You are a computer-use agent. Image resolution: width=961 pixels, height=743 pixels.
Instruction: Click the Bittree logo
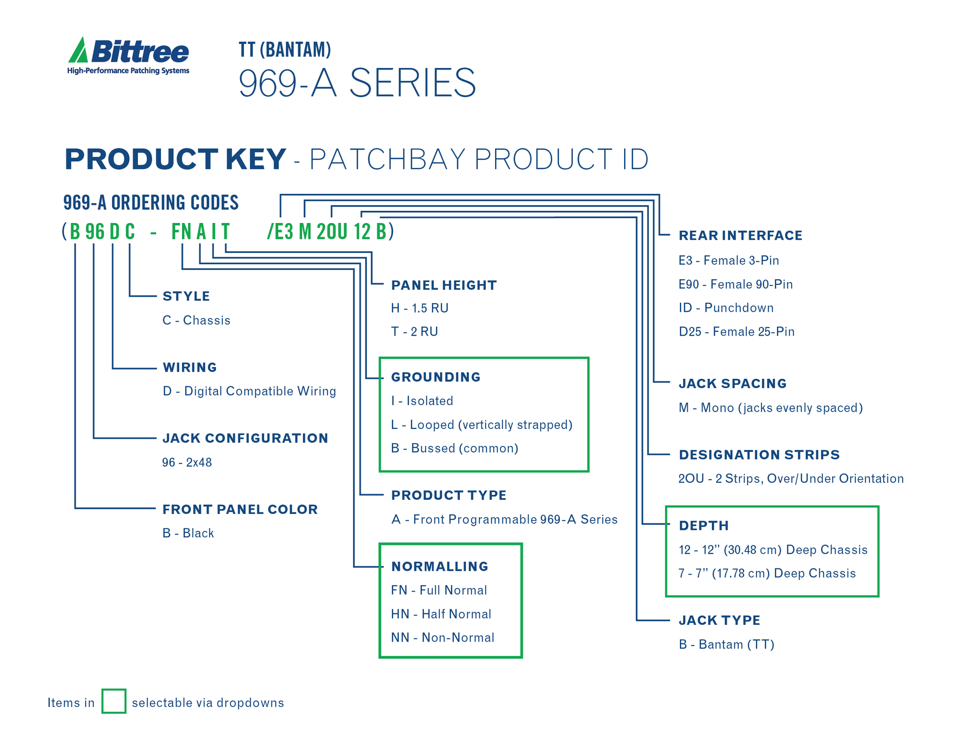click(128, 56)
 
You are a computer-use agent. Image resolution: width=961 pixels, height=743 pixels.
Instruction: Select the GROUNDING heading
click(435, 377)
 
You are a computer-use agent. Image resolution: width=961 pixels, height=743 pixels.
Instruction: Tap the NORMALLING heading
click(440, 567)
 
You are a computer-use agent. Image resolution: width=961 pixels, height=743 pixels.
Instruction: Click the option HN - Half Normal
click(441, 614)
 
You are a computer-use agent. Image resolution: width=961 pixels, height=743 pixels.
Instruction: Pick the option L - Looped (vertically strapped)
click(481, 425)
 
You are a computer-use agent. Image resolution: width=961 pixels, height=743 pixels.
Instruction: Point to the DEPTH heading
click(703, 526)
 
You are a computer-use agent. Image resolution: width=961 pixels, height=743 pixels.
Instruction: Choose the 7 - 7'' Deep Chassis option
click(767, 573)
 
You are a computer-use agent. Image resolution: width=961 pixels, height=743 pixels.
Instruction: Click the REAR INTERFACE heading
click(740, 236)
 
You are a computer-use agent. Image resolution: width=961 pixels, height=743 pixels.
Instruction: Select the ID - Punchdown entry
click(725, 308)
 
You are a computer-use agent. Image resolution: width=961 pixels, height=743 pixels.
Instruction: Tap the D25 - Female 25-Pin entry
click(736, 332)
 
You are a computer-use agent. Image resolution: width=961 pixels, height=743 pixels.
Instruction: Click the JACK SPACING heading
click(732, 383)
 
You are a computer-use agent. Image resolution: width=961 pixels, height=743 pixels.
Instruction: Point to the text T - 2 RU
click(414, 332)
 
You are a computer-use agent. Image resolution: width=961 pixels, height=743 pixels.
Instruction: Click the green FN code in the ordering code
click(181, 231)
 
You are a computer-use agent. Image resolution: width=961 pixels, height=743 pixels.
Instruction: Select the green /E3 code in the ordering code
click(280, 231)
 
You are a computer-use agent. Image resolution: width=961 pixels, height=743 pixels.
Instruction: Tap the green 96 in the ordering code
click(95, 231)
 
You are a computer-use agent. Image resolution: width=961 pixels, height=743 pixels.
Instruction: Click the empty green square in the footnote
click(114, 701)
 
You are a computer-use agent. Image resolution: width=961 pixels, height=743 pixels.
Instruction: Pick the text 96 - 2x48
click(187, 463)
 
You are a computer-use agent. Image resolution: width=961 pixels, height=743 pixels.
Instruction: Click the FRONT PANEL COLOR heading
click(240, 509)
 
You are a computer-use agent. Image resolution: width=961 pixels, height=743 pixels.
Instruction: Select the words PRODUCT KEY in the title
click(175, 159)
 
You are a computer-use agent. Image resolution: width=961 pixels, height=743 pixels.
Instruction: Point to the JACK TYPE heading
click(719, 620)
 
